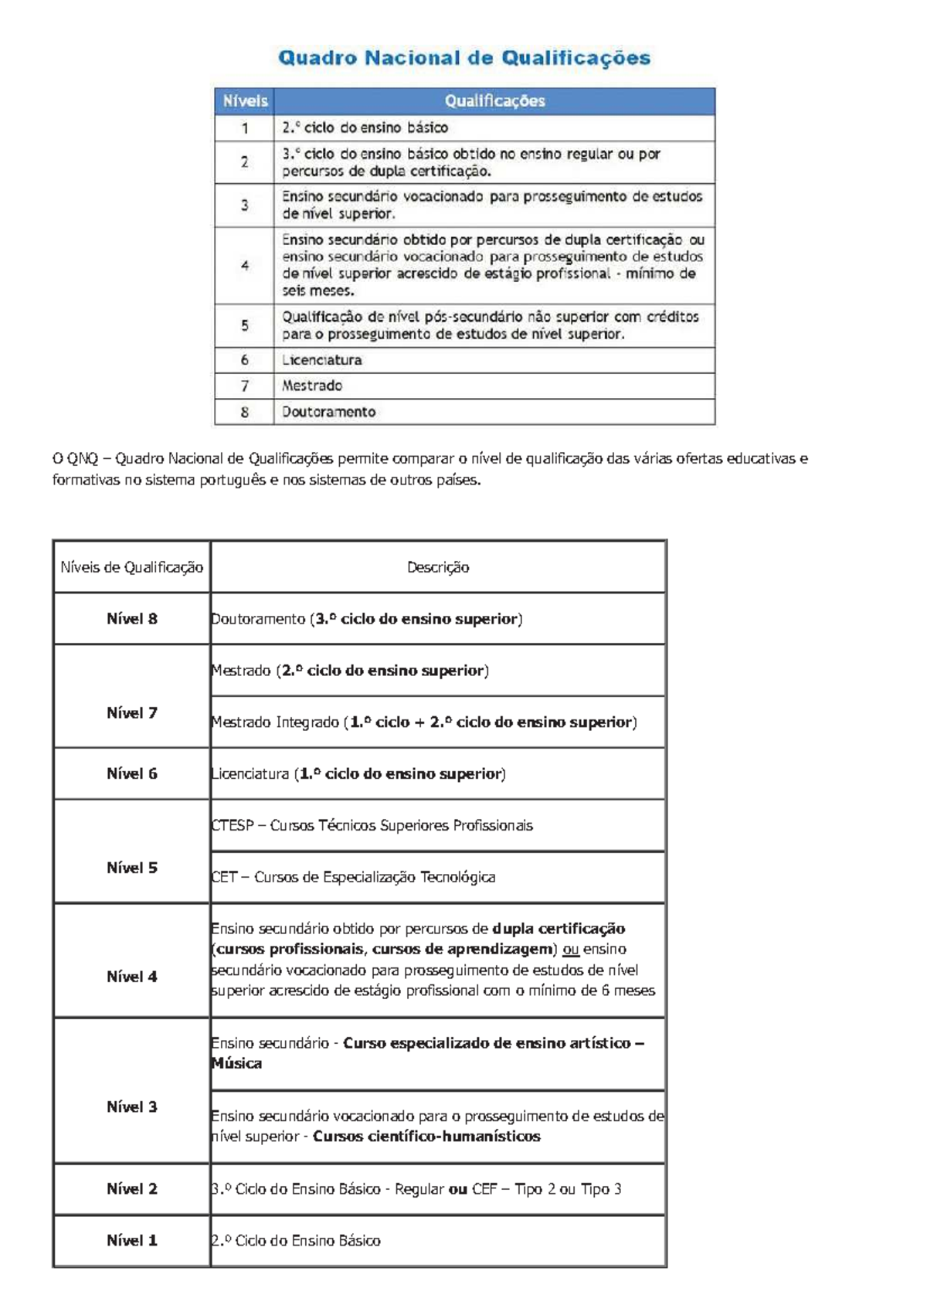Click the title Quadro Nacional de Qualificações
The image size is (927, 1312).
click(x=464, y=58)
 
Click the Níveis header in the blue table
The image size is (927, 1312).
click(x=245, y=101)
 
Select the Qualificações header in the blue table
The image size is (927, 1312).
click(x=494, y=101)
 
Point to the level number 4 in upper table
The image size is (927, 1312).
click(x=245, y=266)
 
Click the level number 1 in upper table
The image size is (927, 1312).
click(x=245, y=128)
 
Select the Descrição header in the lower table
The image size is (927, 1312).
click(x=438, y=567)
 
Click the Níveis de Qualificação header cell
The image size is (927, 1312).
click(x=132, y=567)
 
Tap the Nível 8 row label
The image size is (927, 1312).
click(x=132, y=619)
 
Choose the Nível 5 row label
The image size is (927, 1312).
click(x=132, y=868)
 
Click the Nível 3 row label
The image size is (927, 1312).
click(x=132, y=1106)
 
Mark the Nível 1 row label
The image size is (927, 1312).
click(x=132, y=1240)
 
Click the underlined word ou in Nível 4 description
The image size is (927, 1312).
click(x=571, y=949)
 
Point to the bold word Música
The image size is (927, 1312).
click(x=237, y=1063)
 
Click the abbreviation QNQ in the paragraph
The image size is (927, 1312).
click(x=83, y=459)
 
